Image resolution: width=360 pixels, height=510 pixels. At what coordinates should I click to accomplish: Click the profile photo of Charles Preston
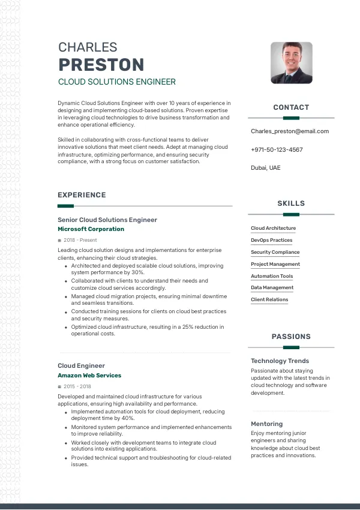[291, 62]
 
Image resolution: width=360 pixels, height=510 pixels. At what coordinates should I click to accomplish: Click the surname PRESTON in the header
[101, 65]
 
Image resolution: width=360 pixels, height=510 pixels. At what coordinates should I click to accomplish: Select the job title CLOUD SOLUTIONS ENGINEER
[116, 82]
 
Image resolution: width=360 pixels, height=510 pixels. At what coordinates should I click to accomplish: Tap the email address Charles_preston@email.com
[290, 131]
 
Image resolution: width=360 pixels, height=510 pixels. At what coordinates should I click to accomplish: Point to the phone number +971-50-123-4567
[277, 150]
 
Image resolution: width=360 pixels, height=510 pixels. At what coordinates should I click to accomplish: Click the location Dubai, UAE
[265, 168]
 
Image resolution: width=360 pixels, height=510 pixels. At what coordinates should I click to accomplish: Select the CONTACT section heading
[291, 107]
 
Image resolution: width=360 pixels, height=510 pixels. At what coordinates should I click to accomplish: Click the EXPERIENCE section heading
[82, 195]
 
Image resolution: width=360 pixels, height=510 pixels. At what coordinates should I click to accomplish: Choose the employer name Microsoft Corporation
[91, 229]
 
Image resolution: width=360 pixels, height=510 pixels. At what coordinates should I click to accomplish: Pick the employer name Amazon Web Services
[89, 376]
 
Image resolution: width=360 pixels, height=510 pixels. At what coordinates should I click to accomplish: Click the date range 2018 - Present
[80, 240]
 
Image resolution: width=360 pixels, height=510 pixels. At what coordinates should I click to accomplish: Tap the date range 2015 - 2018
[77, 386]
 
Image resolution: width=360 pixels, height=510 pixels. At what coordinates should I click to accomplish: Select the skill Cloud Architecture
[273, 229]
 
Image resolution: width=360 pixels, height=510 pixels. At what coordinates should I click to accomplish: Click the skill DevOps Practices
[271, 241]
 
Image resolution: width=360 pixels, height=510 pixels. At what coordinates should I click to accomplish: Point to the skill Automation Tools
[272, 276]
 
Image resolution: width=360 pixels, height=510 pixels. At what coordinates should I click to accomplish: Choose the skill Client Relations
[269, 300]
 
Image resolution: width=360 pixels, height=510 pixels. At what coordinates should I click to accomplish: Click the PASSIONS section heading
[291, 337]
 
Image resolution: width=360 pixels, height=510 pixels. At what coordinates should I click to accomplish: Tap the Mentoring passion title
[266, 424]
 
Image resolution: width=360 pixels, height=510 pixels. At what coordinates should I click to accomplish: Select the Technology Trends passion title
[280, 361]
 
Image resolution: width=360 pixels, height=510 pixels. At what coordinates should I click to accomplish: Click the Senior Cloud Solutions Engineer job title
[107, 220]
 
